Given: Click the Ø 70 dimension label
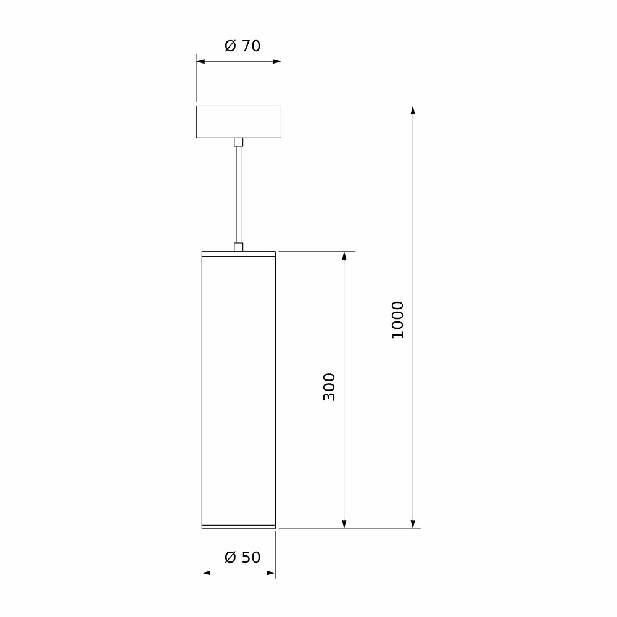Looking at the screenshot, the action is [242, 46].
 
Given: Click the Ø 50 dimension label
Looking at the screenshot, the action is [242, 557].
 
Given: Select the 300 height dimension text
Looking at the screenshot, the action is [329, 387].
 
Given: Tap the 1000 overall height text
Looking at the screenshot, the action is [397, 320].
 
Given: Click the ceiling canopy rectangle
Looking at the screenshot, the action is [238, 122].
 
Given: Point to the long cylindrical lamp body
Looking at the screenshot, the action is [238, 389].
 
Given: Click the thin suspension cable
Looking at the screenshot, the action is [238, 195].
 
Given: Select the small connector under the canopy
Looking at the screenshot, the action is [238, 142].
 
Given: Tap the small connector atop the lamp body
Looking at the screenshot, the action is [238, 247].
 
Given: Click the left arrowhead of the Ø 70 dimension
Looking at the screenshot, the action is [201, 61].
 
